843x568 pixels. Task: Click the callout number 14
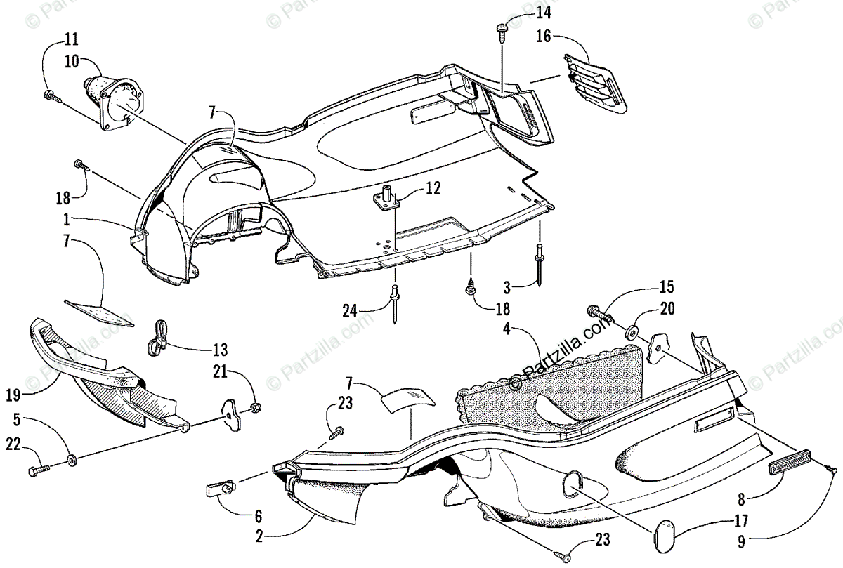point(544,13)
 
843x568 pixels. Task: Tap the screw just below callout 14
point(502,33)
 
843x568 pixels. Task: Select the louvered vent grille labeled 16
point(595,84)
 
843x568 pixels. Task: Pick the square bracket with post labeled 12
point(386,199)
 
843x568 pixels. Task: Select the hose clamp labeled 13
point(157,338)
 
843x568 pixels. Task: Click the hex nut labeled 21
point(256,407)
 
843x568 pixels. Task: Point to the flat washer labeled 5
point(72,461)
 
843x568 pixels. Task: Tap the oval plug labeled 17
point(662,537)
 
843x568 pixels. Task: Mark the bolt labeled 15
point(599,314)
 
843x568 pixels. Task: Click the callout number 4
point(507,329)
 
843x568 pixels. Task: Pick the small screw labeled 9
point(831,469)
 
